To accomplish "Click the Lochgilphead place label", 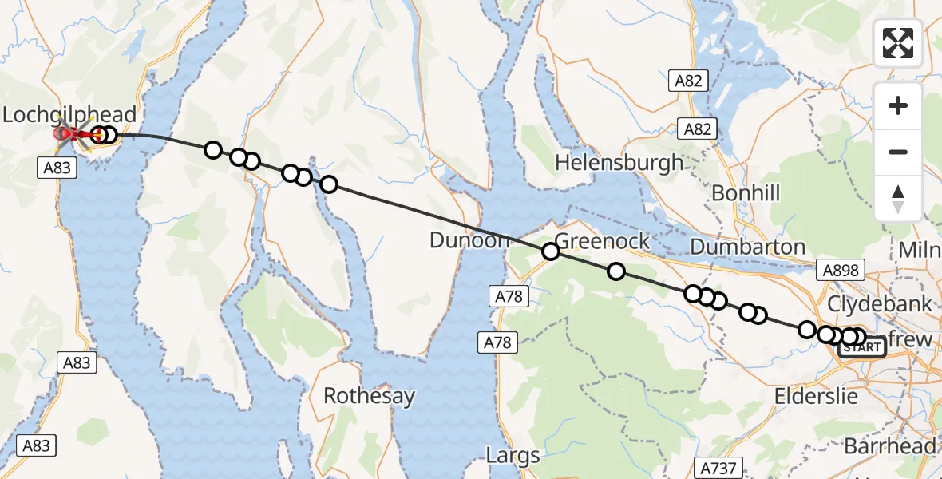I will (69, 114).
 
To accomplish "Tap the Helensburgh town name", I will (619, 162).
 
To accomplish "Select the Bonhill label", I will (745, 192).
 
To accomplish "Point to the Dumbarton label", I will (747, 247).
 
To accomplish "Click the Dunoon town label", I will (469, 239).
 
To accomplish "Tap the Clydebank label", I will (880, 303).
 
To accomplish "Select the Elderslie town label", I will (816, 396).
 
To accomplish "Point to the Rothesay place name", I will (369, 395).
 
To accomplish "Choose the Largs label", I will (513, 456).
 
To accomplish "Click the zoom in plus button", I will (898, 105).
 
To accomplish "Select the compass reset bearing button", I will (898, 199).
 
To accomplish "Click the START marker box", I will (861, 347).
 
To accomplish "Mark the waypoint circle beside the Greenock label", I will (550, 251).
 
